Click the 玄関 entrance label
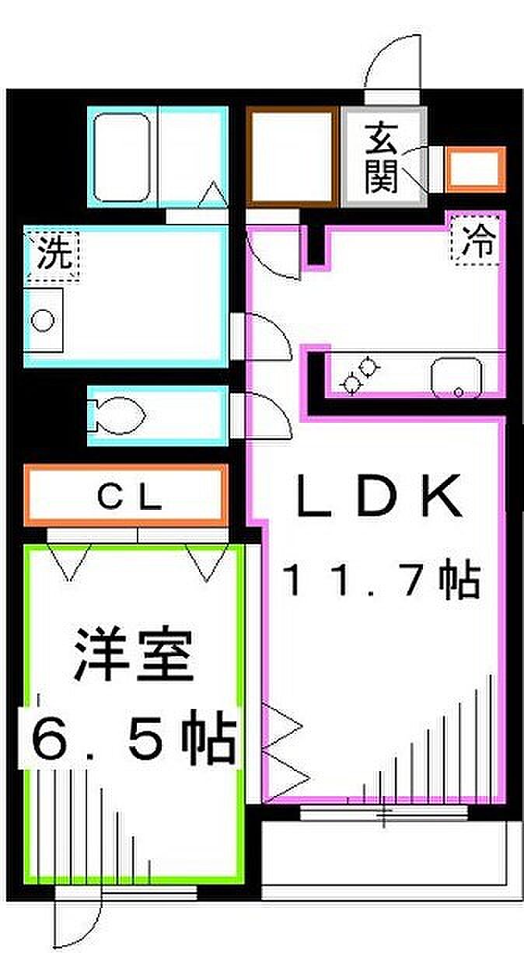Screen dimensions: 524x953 (382, 158)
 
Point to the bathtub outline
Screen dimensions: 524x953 (122, 157)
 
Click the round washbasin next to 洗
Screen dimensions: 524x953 (43, 320)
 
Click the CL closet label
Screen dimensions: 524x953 (129, 497)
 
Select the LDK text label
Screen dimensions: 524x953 (379, 496)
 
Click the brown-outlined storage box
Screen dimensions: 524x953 (292, 156)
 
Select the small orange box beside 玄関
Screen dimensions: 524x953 (476, 169)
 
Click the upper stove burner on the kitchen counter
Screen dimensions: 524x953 (369, 367)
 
